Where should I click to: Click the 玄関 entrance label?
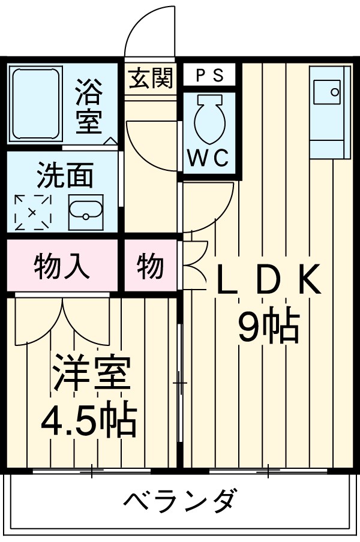[151, 78]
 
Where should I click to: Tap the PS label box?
[209, 76]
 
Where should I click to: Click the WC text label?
[208, 158]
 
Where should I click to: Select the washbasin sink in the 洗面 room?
[85, 211]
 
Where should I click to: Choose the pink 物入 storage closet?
[62, 266]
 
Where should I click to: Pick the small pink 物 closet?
[150, 266]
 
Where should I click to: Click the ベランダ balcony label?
[181, 501]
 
